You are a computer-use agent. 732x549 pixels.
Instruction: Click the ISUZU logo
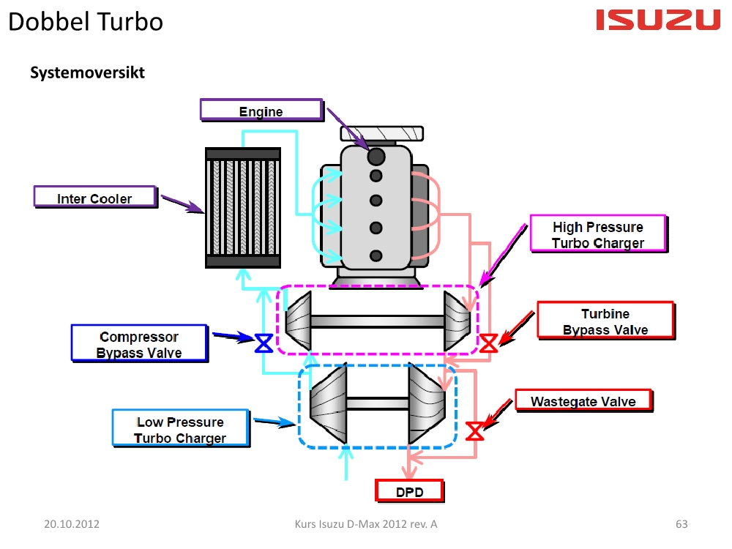click(658, 20)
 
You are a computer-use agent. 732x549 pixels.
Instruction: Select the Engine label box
click(261, 111)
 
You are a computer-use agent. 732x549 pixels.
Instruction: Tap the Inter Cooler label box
click(94, 198)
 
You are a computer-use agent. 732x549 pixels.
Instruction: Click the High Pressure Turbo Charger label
click(597, 235)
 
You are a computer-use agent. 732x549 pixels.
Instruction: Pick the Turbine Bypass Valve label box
click(605, 321)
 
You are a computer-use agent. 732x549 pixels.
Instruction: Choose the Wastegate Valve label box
click(583, 401)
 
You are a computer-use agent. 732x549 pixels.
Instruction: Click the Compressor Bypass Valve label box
click(138, 344)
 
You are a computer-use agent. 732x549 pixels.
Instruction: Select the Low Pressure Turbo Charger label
click(180, 430)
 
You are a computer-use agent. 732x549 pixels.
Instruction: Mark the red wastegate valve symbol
click(475, 430)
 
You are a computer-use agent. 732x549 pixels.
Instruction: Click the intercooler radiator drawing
click(242, 207)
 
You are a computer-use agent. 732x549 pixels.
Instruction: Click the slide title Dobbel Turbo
click(86, 21)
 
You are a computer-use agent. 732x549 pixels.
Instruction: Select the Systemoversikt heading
click(87, 73)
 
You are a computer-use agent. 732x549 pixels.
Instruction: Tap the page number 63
click(681, 524)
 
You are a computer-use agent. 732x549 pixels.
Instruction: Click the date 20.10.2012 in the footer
click(72, 524)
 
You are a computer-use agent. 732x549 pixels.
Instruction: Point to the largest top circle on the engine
click(376, 156)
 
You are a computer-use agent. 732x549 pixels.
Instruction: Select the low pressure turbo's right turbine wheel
click(427, 403)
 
